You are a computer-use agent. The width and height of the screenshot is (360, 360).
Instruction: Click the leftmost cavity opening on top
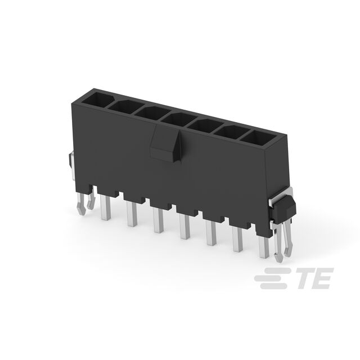coord(97,100)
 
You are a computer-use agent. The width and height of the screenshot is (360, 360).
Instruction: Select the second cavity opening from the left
coord(125,107)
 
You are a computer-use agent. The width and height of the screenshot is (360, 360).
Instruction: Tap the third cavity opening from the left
coord(152,113)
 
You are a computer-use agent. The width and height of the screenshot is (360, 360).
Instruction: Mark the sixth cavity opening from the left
coord(232,132)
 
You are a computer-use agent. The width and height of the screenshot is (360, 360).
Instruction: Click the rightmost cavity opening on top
coord(259,138)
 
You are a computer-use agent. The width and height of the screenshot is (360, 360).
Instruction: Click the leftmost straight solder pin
coord(106,208)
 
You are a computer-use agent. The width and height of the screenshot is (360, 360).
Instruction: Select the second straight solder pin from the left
coord(132,214)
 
